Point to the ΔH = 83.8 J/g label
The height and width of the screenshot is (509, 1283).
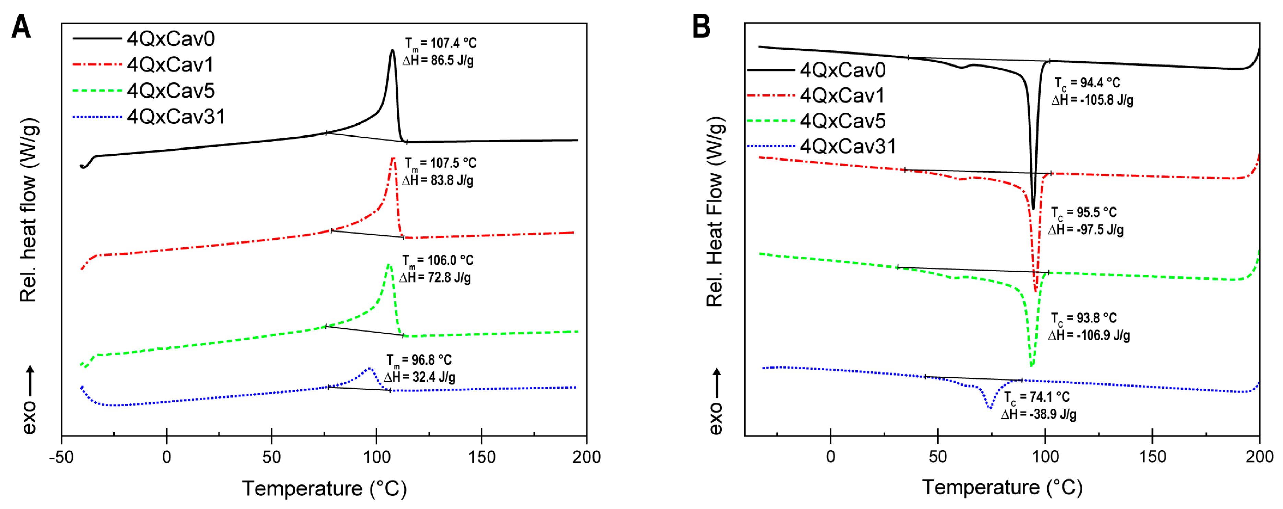click(438, 180)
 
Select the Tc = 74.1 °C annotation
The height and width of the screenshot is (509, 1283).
click(1036, 397)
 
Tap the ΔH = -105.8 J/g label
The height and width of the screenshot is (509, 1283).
click(1092, 100)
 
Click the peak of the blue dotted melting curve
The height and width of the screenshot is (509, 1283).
click(369, 369)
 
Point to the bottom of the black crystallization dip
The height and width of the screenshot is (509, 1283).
click(1033, 208)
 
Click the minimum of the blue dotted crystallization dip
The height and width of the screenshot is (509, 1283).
click(990, 408)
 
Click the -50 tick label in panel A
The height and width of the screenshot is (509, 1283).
click(61, 457)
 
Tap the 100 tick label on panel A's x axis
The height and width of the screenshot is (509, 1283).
click(376, 457)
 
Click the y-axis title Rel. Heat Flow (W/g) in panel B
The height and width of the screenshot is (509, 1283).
click(715, 212)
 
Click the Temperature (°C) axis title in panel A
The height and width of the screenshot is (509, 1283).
click(324, 488)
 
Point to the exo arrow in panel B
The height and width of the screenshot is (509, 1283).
click(716, 383)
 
